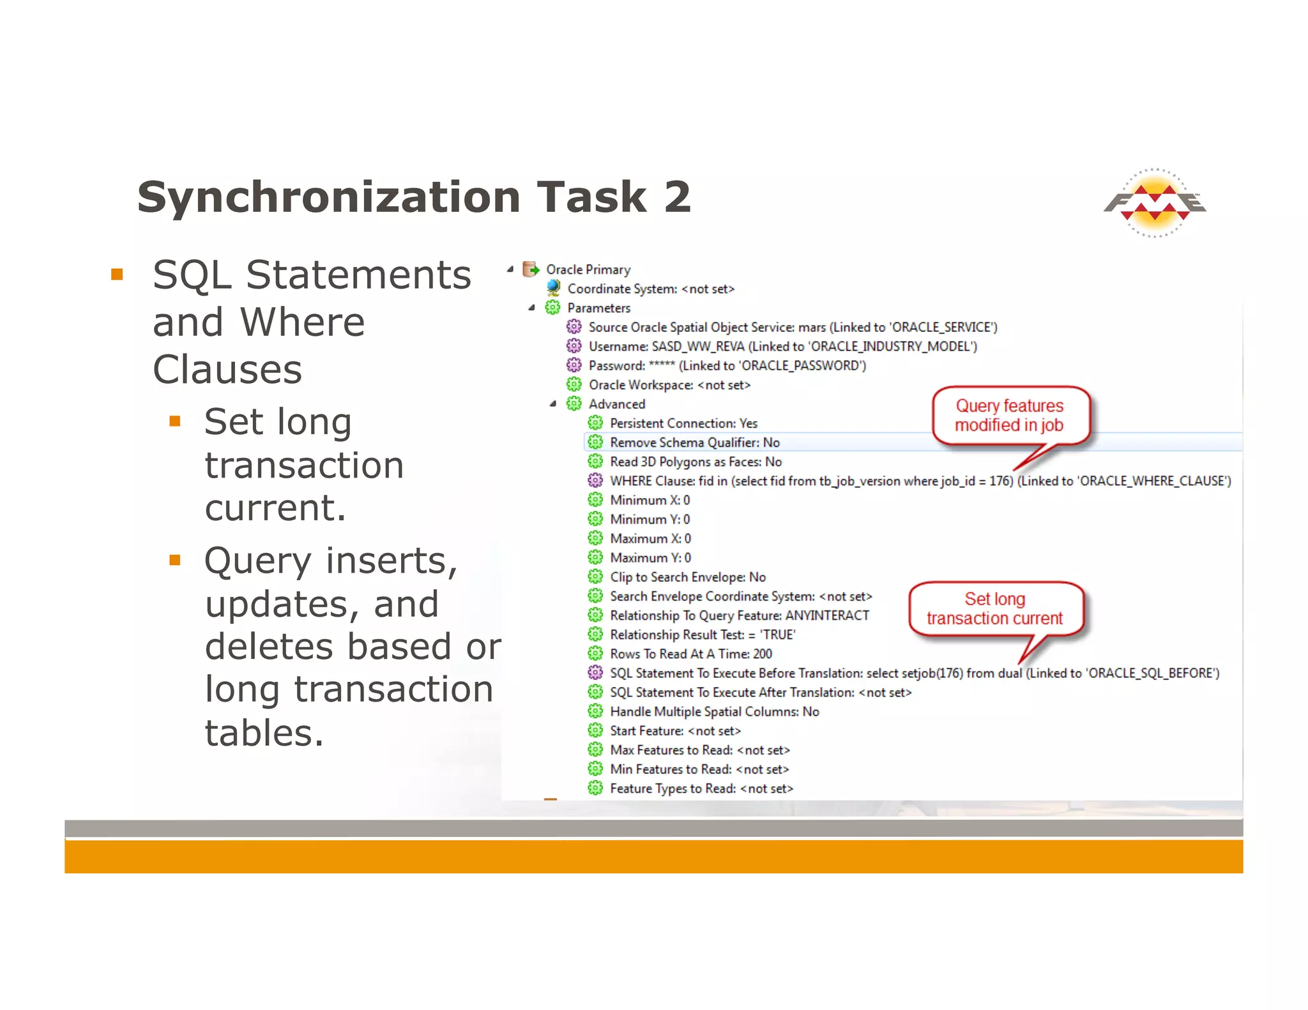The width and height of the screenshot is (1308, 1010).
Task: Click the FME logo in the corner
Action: point(1155,203)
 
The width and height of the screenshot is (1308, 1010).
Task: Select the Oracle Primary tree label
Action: point(588,269)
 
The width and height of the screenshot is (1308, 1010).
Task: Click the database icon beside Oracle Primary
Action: point(530,269)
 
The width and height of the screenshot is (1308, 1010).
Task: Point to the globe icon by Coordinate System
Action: point(553,288)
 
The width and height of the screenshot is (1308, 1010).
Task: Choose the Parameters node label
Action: point(598,308)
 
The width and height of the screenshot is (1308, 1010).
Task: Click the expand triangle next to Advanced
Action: point(553,403)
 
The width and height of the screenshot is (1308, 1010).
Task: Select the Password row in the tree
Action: point(727,365)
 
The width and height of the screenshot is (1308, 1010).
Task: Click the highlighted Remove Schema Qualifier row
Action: point(694,442)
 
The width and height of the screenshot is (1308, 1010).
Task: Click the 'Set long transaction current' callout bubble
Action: point(994,608)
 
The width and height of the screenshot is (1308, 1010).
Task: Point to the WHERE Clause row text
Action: point(920,481)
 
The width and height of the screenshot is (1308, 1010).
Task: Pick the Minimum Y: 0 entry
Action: point(650,519)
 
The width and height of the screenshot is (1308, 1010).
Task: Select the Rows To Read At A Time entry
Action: point(690,654)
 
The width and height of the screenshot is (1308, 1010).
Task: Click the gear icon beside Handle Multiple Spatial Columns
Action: point(595,711)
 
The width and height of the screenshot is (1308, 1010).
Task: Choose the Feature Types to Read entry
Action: point(701,788)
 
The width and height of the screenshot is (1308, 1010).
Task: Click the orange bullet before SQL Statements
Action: point(117,275)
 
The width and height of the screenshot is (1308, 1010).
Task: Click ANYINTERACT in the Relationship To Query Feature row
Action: point(827,615)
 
